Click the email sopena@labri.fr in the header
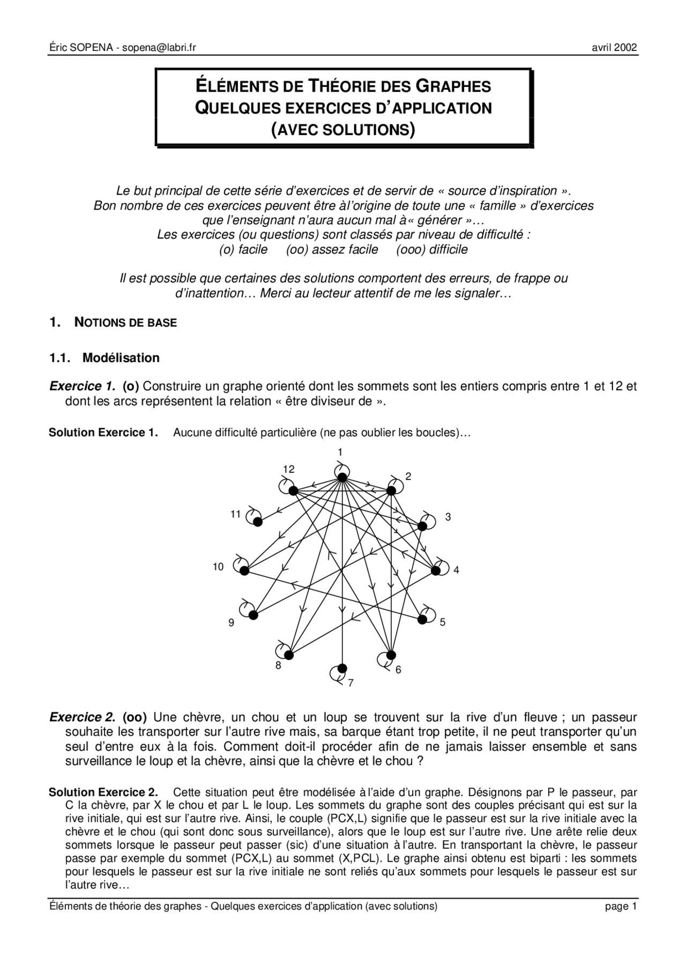[x=159, y=48]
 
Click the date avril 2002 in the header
[x=614, y=48]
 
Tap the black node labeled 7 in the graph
[x=342, y=668]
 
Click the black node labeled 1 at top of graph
[x=342, y=477]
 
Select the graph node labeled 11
[x=258, y=521]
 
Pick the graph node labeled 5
[x=422, y=619]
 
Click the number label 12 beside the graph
[x=289, y=469]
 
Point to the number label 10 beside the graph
[x=218, y=567]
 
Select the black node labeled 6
[x=391, y=655]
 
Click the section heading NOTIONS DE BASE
[x=125, y=322]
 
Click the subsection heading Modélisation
[x=121, y=358]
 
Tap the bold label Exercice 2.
[x=82, y=717]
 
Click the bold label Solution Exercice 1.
[x=103, y=432]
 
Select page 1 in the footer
[x=621, y=906]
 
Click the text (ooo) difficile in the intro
[x=431, y=249]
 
